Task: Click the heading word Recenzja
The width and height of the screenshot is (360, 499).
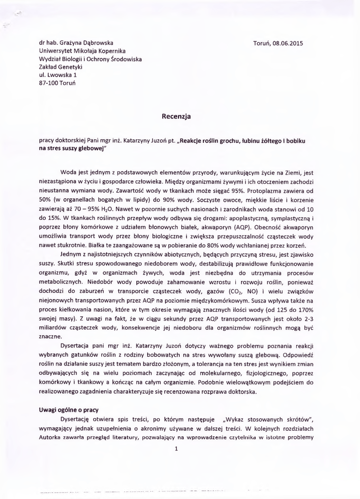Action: coord(176,116)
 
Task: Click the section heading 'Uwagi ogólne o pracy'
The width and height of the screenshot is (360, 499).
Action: coord(68,410)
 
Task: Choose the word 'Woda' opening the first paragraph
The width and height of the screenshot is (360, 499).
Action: coord(68,173)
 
